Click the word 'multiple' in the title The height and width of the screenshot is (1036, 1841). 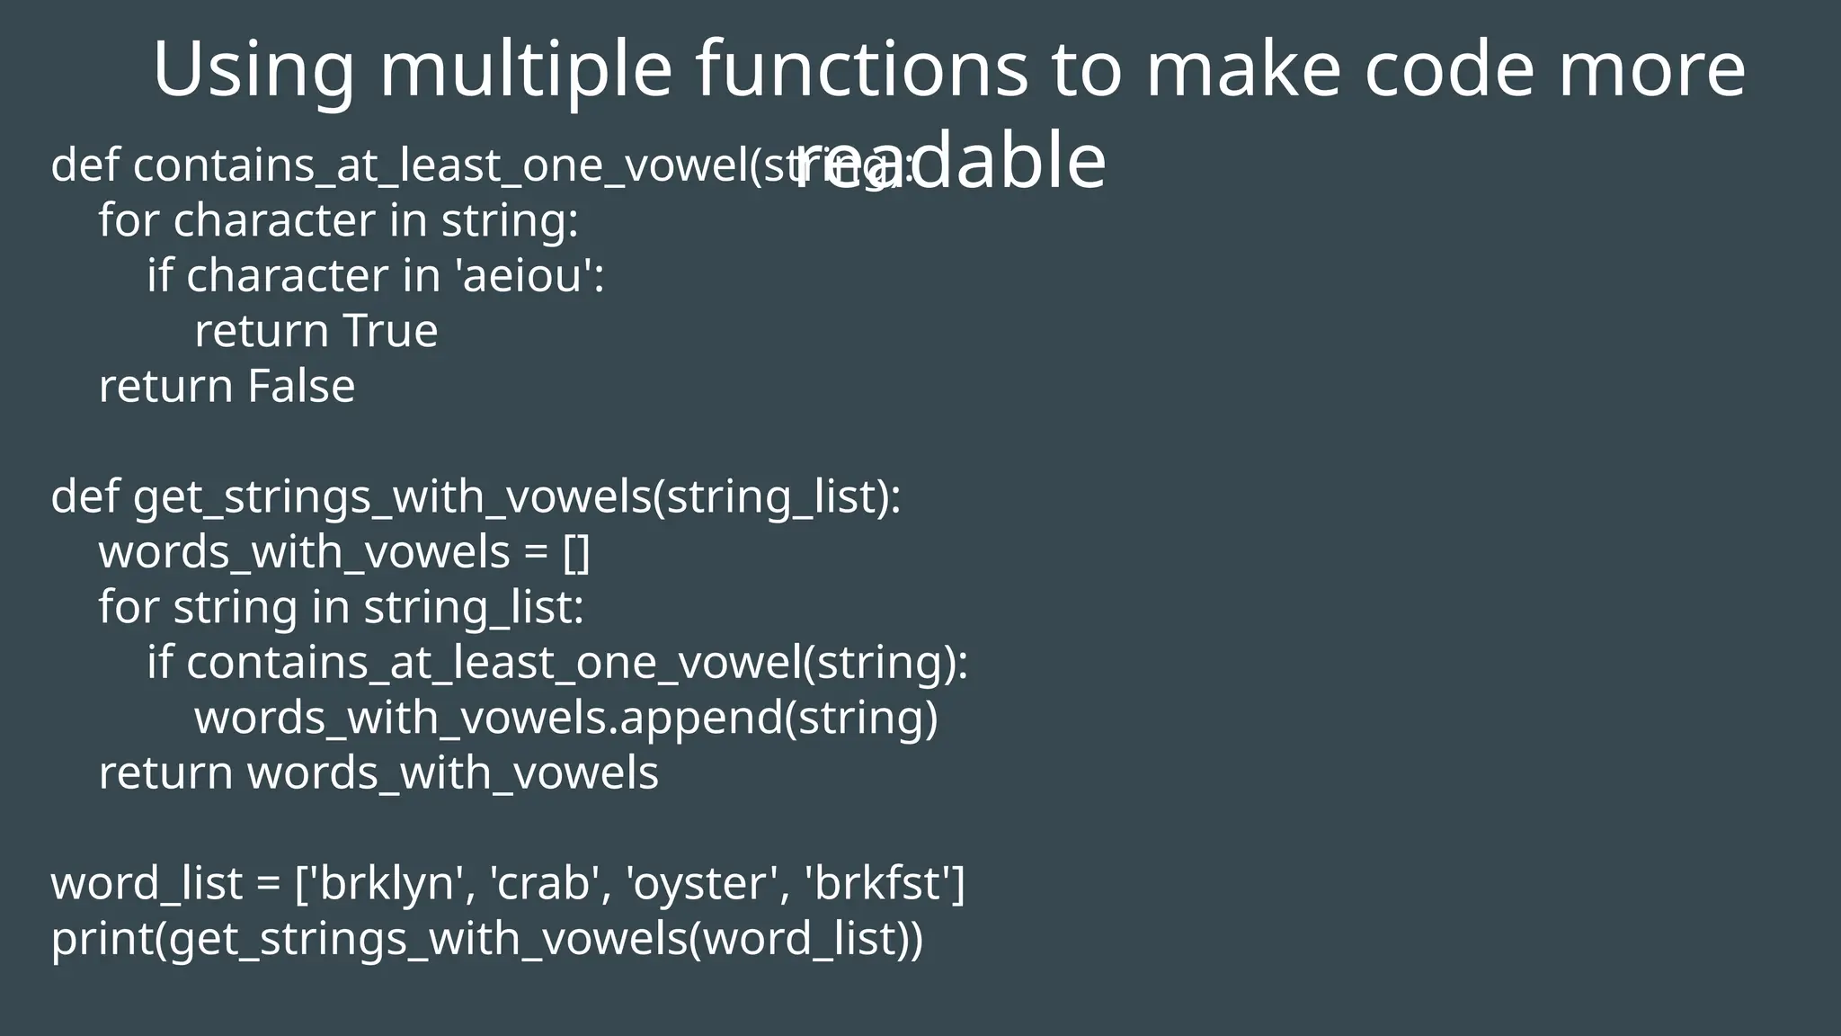click(526, 70)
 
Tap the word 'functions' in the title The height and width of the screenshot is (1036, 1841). click(861, 70)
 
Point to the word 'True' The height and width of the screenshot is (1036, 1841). click(390, 331)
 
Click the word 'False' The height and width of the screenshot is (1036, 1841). click(301, 387)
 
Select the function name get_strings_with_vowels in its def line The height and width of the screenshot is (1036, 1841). click(392, 497)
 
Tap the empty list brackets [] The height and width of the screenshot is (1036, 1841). click(576, 552)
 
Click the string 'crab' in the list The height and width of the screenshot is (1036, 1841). click(544, 884)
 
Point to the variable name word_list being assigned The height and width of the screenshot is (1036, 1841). click(147, 884)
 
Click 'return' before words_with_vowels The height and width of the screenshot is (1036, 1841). click(165, 773)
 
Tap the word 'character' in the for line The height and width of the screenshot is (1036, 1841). click(274, 221)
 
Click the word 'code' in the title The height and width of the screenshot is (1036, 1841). click(1448, 70)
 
